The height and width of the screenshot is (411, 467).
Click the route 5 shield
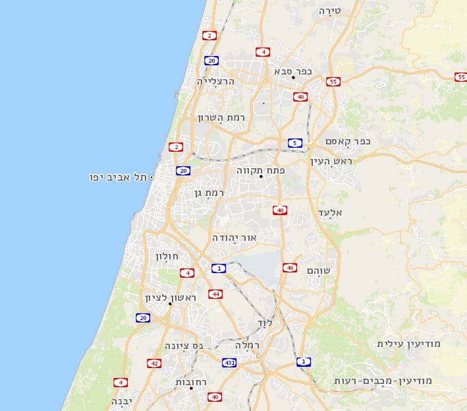(295, 142)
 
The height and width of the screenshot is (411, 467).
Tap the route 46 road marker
(289, 267)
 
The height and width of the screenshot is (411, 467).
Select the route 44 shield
(215, 294)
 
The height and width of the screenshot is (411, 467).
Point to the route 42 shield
(153, 363)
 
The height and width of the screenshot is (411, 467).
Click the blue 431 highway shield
(229, 363)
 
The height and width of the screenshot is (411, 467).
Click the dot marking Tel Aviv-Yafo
(151, 177)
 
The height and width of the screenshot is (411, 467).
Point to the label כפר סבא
(293, 71)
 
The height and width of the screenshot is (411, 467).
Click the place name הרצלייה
(221, 82)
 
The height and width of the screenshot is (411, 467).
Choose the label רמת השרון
(221, 117)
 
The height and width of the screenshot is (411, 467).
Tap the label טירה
(329, 11)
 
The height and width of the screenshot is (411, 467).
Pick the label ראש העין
(332, 162)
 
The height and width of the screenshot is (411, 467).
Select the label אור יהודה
(234, 237)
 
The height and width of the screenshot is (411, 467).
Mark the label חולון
(167, 255)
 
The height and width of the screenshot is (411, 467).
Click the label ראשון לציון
(171, 298)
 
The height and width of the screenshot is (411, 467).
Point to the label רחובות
(192, 382)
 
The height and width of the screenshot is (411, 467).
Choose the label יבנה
(123, 400)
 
